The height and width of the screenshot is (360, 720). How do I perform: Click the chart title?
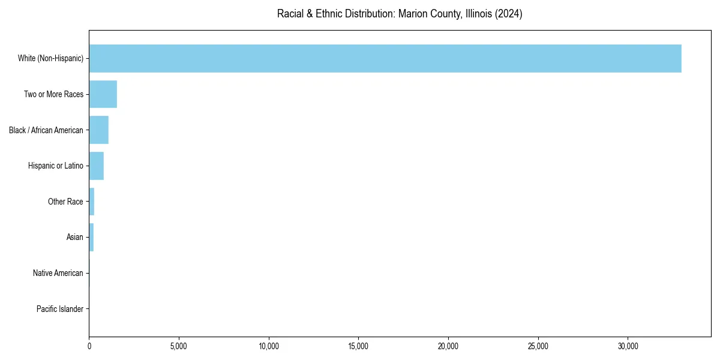400,14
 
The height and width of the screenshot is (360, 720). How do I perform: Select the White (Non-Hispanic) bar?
385,58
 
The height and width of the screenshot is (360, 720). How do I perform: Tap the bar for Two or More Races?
103,94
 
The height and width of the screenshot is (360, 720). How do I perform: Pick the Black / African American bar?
98,130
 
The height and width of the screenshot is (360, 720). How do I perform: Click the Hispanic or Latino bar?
96,166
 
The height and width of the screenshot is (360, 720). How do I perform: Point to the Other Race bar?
92,202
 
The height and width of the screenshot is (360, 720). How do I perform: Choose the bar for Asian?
91,237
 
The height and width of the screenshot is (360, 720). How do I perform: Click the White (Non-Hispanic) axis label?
50,58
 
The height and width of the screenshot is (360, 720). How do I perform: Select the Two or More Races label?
53,94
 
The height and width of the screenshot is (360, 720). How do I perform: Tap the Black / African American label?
46,130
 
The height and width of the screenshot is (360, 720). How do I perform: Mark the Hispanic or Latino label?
56,166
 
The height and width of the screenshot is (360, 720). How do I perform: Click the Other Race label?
65,202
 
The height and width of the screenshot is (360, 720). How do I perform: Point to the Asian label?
75,237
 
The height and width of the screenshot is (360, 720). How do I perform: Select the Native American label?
58,273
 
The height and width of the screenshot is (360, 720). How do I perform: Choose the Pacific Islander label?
60,309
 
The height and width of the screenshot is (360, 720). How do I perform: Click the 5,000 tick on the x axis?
179,346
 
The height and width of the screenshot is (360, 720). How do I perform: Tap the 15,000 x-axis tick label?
358,346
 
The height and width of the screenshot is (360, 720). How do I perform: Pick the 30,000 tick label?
628,346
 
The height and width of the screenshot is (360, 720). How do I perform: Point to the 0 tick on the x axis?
89,346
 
